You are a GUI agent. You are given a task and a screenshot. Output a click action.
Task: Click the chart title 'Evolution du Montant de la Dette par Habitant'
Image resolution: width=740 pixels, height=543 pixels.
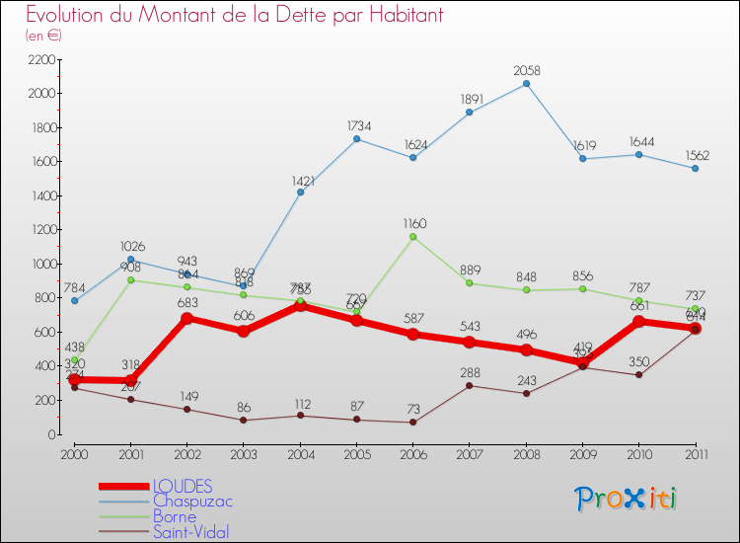[x=235, y=16]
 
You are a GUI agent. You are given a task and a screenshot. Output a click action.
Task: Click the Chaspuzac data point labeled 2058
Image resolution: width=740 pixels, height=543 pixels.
[x=526, y=84]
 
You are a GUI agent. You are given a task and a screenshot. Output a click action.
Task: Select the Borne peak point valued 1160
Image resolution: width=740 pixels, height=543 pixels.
[x=412, y=237]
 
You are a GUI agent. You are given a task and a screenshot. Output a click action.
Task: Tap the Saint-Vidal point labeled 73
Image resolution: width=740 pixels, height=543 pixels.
[x=412, y=423]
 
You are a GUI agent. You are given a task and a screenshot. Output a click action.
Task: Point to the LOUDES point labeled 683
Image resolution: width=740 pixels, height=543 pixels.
[x=186, y=318]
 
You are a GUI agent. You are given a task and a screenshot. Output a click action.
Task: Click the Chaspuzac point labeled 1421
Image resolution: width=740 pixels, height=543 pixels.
[x=300, y=192]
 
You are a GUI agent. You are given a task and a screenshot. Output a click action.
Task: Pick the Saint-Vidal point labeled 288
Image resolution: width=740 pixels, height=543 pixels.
[x=469, y=385]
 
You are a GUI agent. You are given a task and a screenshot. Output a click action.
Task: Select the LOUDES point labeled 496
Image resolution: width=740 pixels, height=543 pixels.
[x=526, y=349]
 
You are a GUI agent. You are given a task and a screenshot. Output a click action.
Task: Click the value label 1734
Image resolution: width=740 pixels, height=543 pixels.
[x=357, y=126]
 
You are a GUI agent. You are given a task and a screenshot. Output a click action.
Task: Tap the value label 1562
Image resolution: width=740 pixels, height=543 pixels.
[x=696, y=156]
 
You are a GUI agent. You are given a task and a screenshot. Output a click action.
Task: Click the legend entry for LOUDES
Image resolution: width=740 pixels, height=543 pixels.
[x=183, y=486]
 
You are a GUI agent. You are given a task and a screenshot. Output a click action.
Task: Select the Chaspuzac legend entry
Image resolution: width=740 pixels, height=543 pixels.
[x=192, y=502]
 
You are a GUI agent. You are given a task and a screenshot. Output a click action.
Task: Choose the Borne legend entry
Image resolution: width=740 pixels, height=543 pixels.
[x=175, y=516]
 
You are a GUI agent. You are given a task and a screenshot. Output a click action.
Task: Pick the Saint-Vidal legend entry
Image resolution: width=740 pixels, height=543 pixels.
[x=190, y=532]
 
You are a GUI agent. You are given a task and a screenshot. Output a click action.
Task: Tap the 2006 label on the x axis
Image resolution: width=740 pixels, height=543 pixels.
[x=412, y=454]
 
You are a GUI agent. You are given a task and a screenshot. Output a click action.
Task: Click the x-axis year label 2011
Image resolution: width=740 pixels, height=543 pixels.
[x=696, y=454]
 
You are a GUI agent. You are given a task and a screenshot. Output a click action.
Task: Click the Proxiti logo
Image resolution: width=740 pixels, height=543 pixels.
[x=626, y=499]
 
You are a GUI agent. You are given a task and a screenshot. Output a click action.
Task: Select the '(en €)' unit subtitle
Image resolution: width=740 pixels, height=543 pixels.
[x=44, y=36]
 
